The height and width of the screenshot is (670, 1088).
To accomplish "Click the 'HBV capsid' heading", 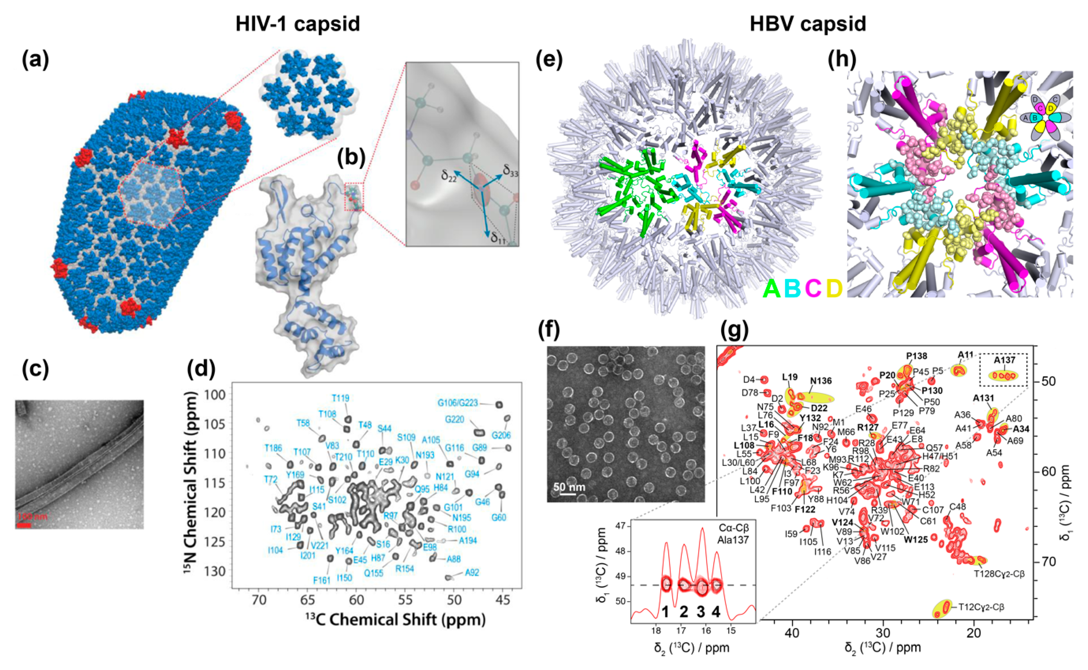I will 808,23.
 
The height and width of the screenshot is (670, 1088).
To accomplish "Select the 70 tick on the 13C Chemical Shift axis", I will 259,600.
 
